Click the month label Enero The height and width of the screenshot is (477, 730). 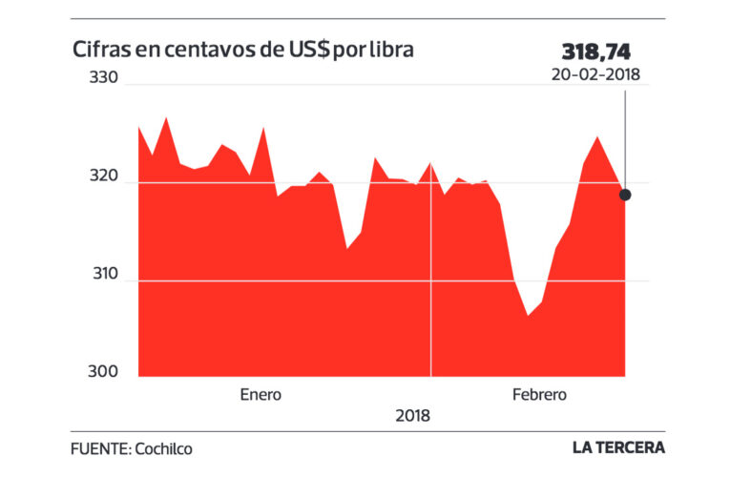point(261,394)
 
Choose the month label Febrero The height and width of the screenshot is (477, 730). point(539,394)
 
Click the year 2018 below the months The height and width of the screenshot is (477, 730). point(411,416)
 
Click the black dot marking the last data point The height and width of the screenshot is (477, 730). point(625,195)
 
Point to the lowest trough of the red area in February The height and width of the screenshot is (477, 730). point(527,316)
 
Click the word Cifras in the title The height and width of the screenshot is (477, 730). point(100,49)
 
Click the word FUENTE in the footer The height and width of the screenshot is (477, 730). point(99,447)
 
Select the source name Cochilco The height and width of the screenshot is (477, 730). point(169,447)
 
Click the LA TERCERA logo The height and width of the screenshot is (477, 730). point(617,447)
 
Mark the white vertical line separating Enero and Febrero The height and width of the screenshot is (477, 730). point(431,286)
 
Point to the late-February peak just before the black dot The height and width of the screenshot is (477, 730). point(597,137)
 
